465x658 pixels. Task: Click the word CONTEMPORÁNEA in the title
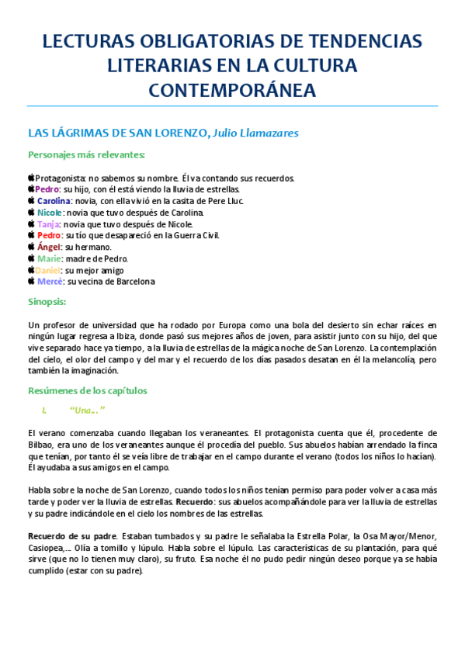point(232,90)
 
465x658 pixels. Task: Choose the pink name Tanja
point(48,224)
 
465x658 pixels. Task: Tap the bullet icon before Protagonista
point(31,178)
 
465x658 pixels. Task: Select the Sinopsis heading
point(47,301)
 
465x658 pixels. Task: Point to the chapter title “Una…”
point(86,410)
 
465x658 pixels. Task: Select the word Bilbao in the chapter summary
point(40,445)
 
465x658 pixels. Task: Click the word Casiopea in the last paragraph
point(46,548)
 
